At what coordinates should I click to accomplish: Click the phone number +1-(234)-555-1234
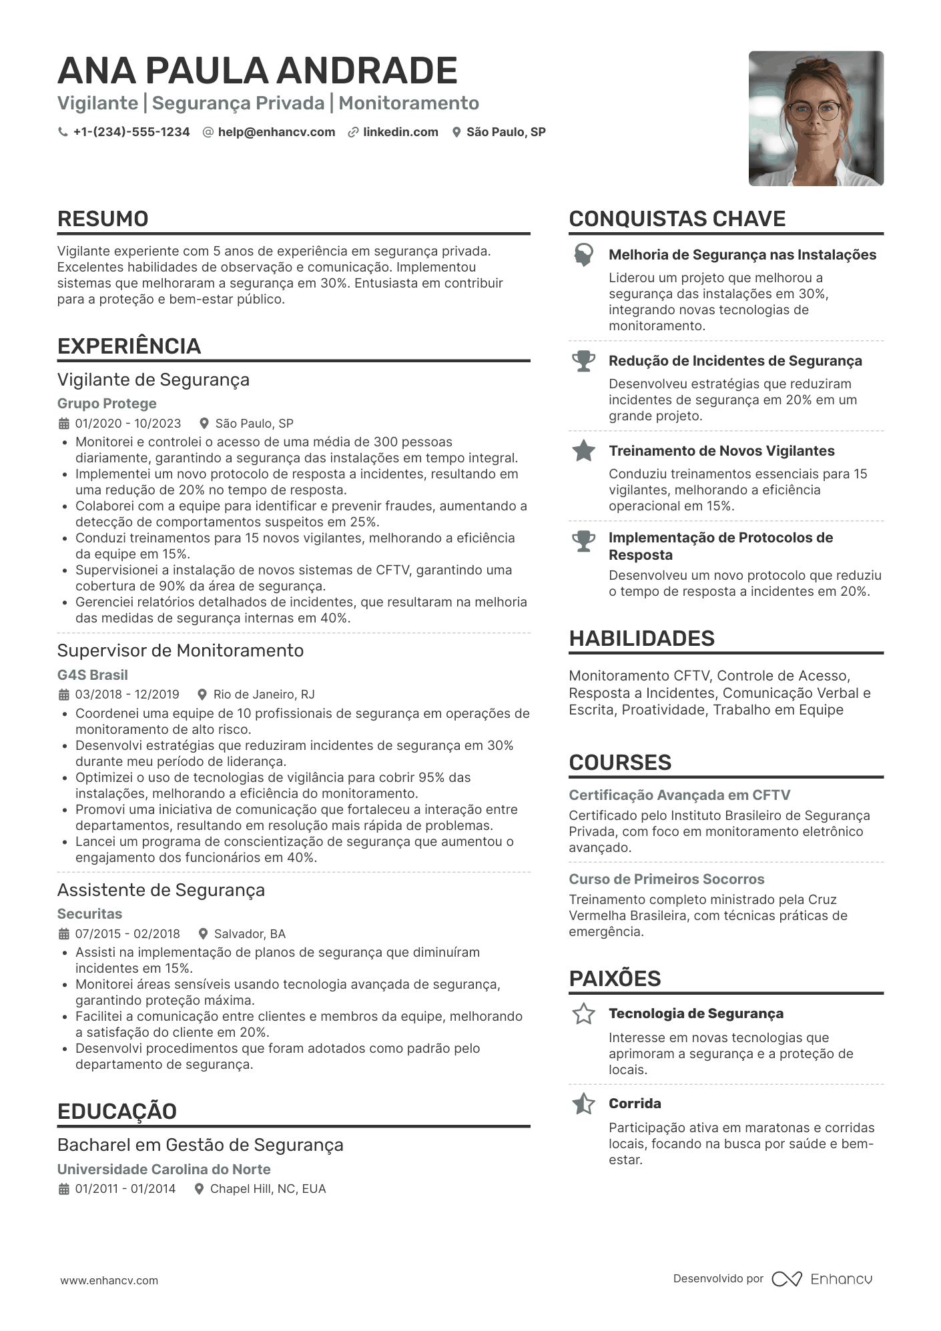tap(131, 132)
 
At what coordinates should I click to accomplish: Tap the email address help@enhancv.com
tap(276, 132)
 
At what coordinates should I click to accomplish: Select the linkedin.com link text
tap(400, 132)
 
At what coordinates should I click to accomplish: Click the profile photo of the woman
tap(816, 119)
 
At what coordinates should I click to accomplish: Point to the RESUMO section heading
tap(103, 219)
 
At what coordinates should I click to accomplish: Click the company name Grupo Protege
tap(107, 404)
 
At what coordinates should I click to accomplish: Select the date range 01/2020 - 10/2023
tap(128, 424)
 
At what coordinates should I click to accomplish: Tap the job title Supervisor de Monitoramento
tap(180, 650)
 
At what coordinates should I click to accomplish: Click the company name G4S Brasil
tap(93, 675)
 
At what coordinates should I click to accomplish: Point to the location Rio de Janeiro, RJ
tap(264, 695)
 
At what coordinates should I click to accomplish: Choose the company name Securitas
tap(89, 914)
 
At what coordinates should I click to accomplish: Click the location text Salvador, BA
tap(250, 934)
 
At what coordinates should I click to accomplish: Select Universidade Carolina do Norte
tap(164, 1170)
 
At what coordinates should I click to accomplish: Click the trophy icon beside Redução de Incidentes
tap(583, 361)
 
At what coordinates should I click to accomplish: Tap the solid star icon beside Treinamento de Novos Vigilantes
tap(583, 451)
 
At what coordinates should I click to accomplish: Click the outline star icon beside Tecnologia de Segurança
tap(583, 1014)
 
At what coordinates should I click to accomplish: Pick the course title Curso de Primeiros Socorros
tap(666, 879)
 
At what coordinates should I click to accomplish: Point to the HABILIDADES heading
tap(641, 638)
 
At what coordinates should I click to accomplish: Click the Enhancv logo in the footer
tap(822, 1279)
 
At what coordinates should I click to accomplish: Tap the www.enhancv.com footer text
tap(109, 1281)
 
